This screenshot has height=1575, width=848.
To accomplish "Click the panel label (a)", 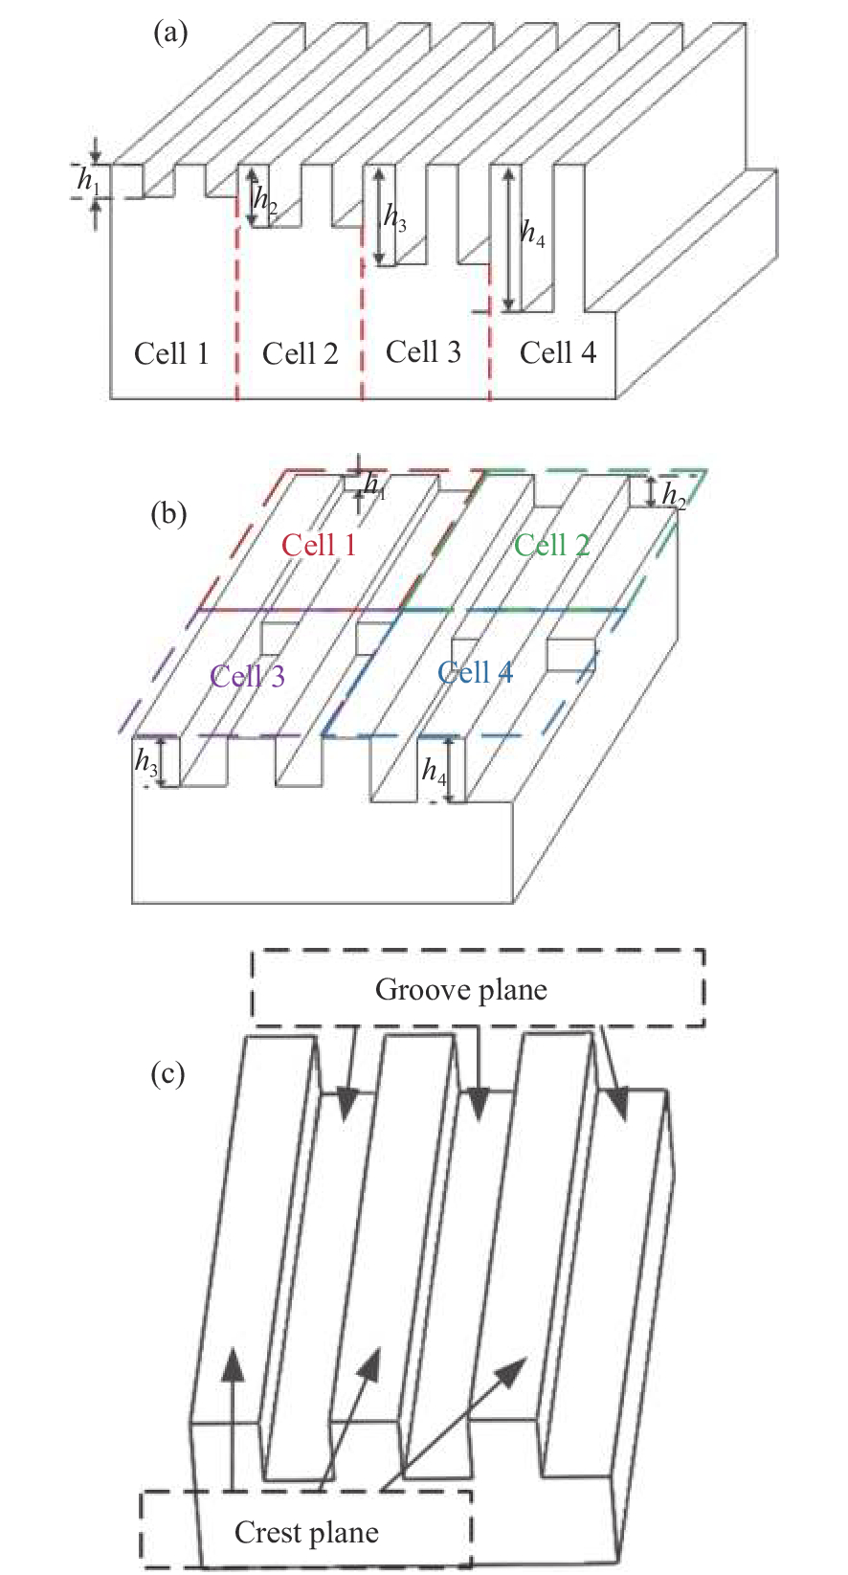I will click(170, 34).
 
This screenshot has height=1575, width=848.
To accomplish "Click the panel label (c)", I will click(168, 1073).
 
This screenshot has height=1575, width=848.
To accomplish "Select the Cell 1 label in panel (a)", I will click(171, 353).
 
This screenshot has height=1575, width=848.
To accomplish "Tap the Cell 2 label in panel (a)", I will click(300, 353).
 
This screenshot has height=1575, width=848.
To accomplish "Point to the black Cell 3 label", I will click(423, 351).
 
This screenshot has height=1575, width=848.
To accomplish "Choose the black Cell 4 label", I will click(557, 352).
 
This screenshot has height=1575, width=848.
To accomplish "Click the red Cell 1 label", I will click(319, 545).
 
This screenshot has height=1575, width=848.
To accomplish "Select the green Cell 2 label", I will click(551, 545).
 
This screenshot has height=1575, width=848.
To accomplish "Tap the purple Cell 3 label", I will click(248, 676).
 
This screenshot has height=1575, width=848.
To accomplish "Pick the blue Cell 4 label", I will click(475, 672).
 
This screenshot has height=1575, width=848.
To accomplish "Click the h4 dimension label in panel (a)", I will click(533, 233).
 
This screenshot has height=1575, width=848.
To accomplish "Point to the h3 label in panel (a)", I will click(395, 217).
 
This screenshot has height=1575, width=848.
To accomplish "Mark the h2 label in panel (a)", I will click(264, 201).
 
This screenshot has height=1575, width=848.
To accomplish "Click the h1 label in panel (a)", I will click(88, 180).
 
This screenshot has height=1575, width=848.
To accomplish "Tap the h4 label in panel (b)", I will click(435, 770).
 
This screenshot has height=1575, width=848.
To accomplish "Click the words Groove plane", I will click(460, 989).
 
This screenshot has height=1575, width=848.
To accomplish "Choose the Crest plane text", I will click(306, 1533).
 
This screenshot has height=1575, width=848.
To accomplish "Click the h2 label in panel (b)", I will click(674, 495).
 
